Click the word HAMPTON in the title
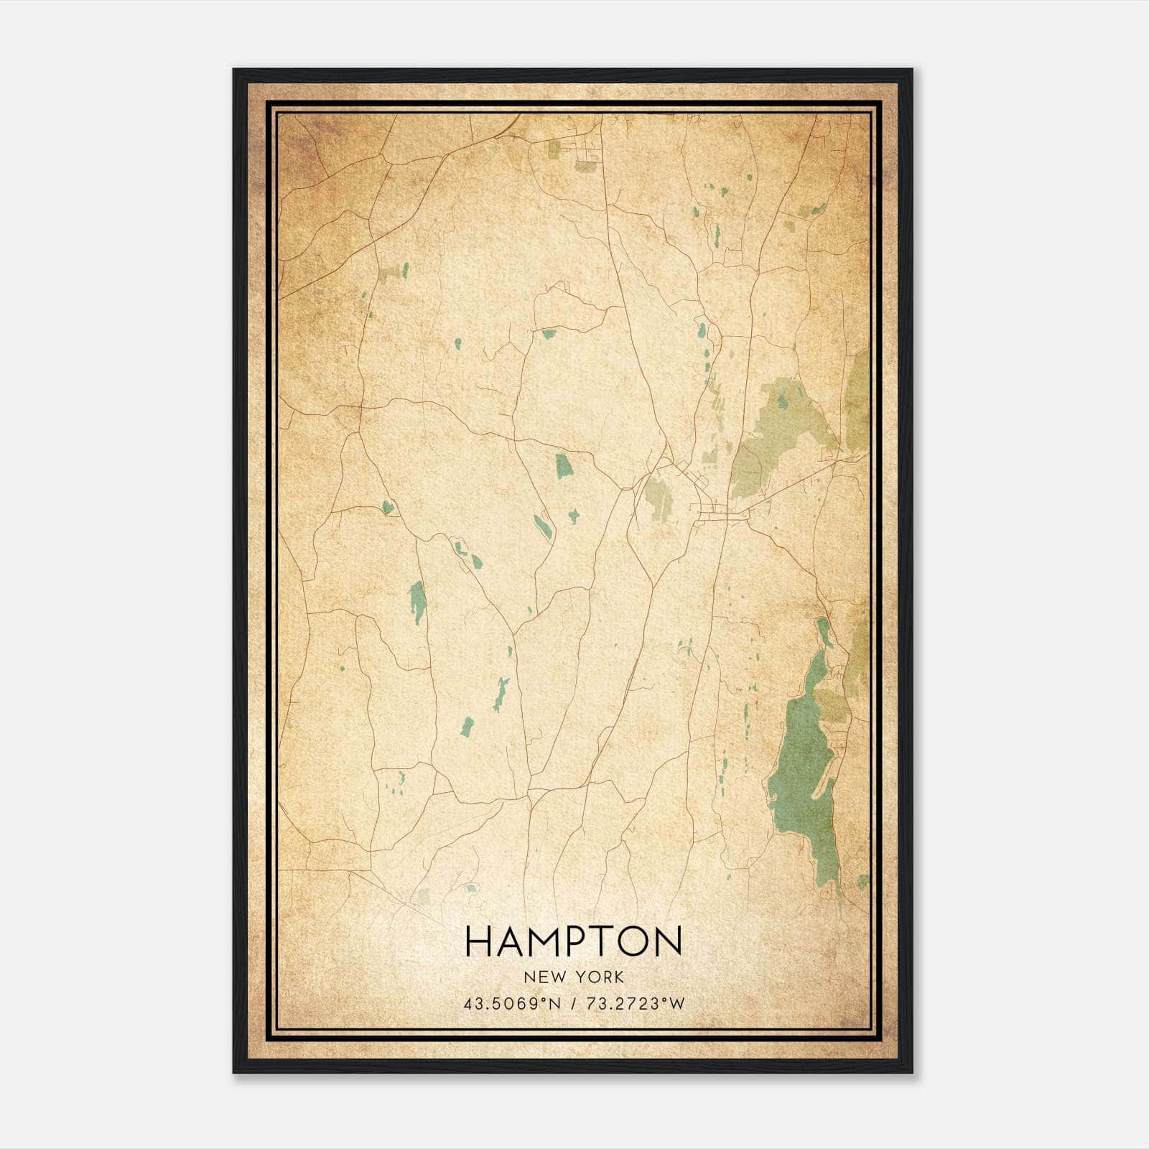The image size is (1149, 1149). tap(573, 941)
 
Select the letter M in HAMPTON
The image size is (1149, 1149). tap(544, 941)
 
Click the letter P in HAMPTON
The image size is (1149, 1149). tap(577, 941)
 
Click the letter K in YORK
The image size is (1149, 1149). tap(619, 977)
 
